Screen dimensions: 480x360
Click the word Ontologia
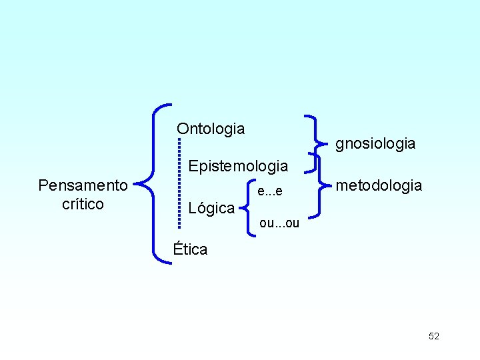point(211,129)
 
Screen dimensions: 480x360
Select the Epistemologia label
point(238,166)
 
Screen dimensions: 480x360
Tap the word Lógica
point(211,209)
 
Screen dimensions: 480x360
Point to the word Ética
point(190,250)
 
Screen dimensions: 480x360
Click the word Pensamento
point(83,185)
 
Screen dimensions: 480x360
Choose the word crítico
point(83,204)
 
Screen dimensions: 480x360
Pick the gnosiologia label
point(375,143)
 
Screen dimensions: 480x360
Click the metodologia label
point(379,185)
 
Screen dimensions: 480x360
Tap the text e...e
point(270,192)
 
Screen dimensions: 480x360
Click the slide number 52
point(434,337)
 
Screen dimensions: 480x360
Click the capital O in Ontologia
point(183,129)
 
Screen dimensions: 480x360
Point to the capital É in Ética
point(178,249)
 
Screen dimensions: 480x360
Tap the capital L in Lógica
point(193,209)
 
